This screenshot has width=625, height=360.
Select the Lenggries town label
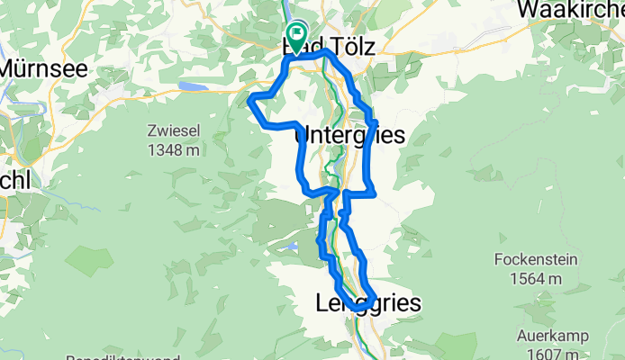click(x=368, y=304)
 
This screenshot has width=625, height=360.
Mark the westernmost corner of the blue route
click(x=249, y=100)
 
